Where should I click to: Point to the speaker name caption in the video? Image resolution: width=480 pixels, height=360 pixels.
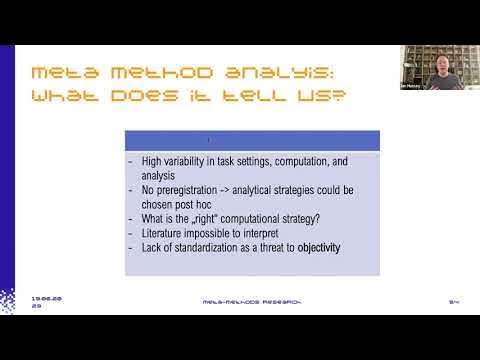tap(412, 86)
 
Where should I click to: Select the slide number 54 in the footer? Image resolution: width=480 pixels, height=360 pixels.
tap(453, 300)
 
